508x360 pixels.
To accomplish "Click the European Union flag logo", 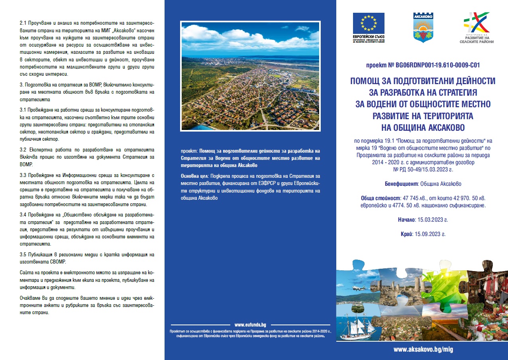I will click(369, 23).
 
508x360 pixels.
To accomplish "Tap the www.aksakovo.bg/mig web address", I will click(423, 349).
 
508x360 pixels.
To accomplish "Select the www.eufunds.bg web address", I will click(250, 325).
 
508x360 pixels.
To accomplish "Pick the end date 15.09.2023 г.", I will click(430, 234).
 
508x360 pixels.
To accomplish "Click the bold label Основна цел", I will click(195, 176).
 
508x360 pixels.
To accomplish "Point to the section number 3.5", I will click(23, 254).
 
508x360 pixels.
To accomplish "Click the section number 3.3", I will click(23, 176).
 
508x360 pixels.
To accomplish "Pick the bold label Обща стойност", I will click(381, 198).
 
